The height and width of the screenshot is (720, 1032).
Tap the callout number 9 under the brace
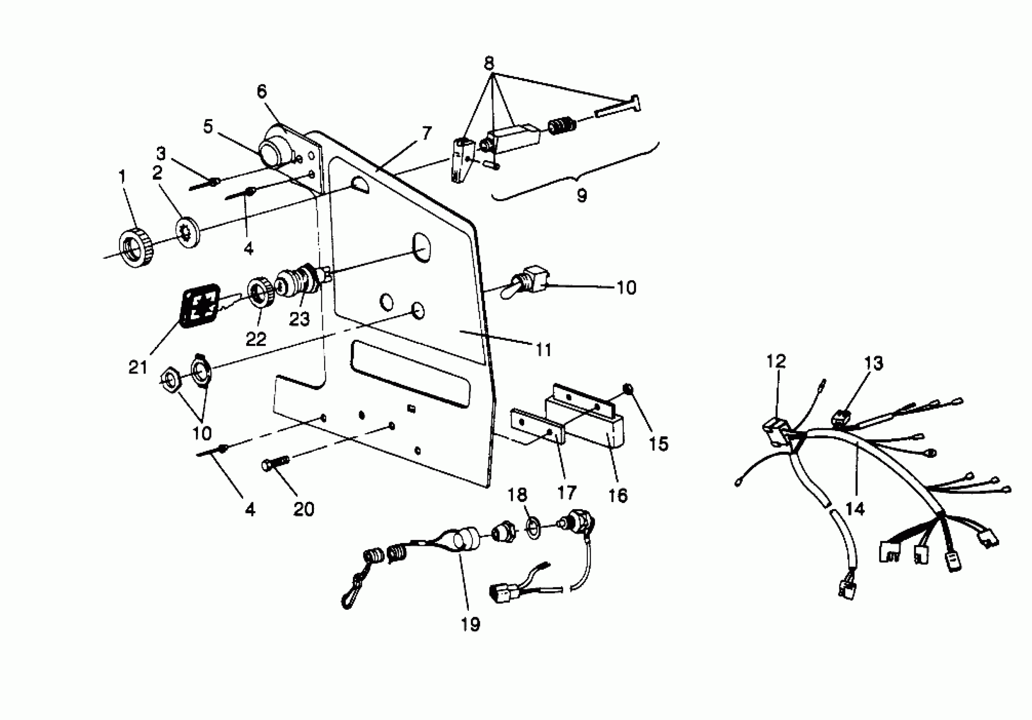tap(582, 195)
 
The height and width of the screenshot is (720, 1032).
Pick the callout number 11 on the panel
tap(543, 349)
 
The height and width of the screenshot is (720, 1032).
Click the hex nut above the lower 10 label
tap(171, 379)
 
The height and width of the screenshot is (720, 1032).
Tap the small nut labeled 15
tap(628, 388)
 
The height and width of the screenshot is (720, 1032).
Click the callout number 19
tap(470, 624)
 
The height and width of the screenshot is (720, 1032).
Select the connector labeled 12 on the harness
tap(774, 431)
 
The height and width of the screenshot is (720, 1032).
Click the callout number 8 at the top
tap(489, 63)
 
